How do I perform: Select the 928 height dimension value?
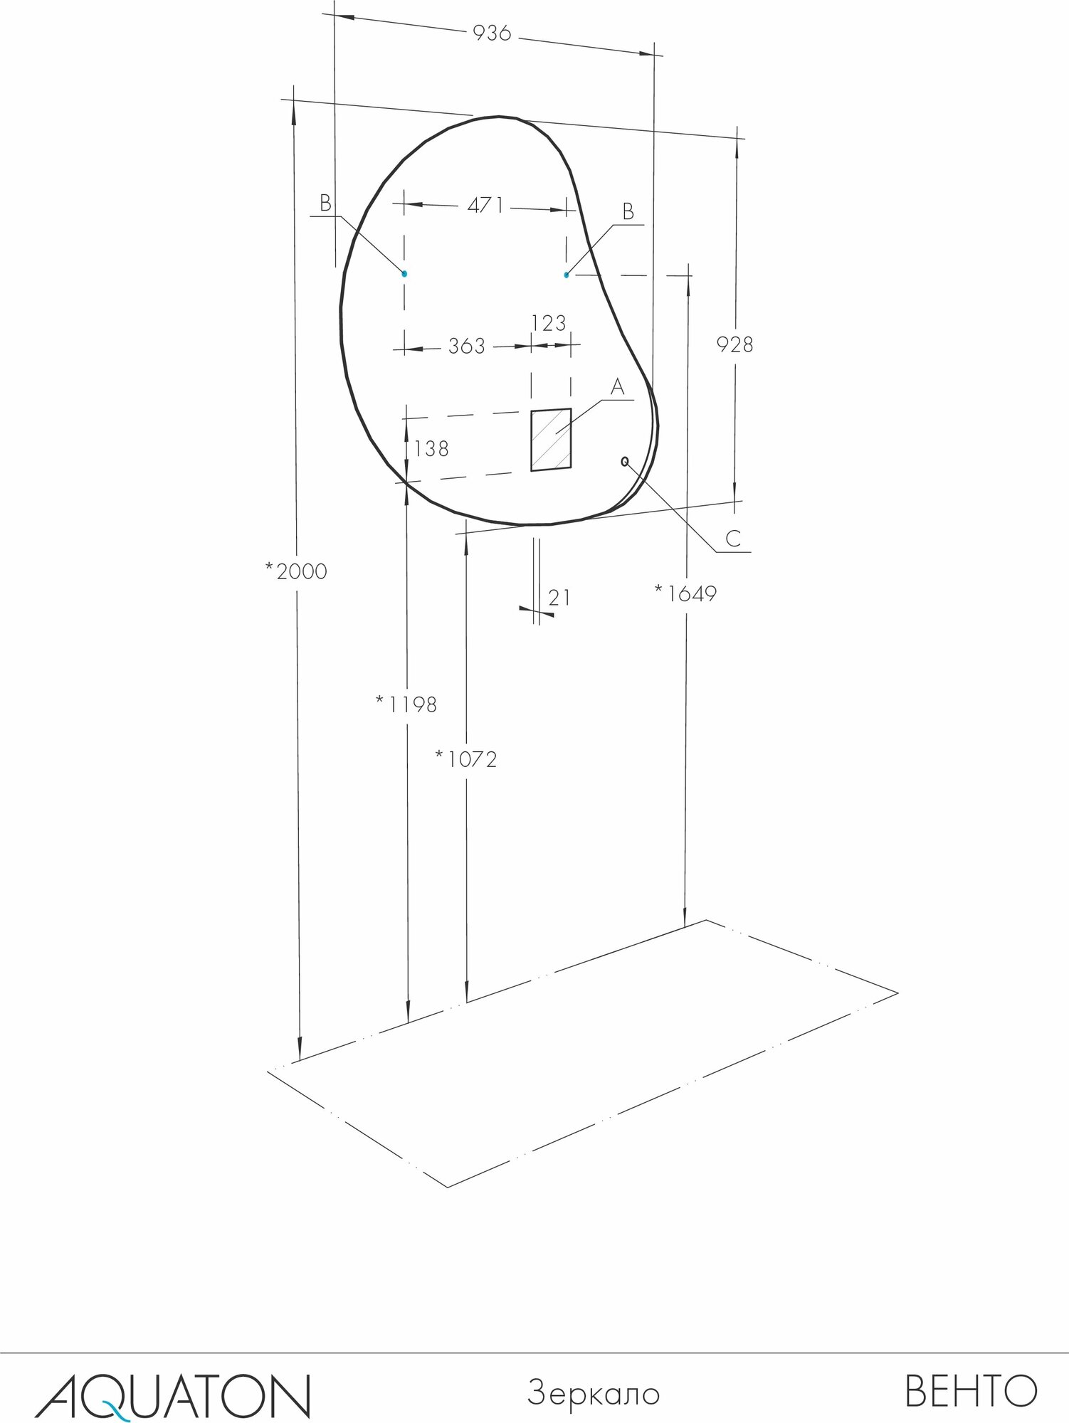point(734,344)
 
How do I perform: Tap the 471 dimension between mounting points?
point(485,206)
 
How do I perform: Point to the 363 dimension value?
point(466,347)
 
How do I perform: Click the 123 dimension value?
point(549,324)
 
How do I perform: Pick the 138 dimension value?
point(431,449)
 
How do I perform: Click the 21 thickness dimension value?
point(559,598)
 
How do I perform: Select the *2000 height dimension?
point(295,571)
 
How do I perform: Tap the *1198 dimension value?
point(406,704)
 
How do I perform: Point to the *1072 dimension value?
point(466,760)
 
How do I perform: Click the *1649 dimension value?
point(685,593)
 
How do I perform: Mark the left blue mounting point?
point(404,273)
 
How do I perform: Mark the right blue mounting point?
point(567,275)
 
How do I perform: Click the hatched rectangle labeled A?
point(551,440)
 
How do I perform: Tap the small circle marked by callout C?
point(625,461)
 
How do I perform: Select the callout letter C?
point(734,539)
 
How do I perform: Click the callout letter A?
point(617,388)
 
